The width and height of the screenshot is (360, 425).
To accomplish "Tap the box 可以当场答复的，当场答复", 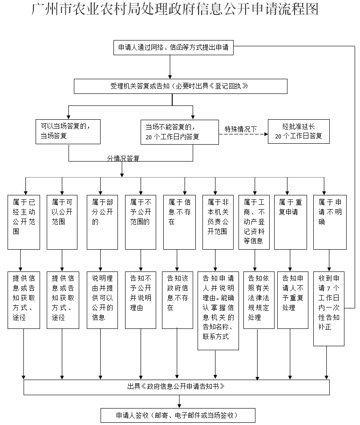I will (68, 131).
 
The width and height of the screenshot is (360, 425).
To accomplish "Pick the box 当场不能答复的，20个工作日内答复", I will (179, 132).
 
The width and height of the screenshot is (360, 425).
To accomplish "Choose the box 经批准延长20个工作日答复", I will (299, 131).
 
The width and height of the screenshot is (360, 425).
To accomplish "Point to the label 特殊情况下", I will (241, 130).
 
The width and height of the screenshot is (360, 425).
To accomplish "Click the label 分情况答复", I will (123, 158).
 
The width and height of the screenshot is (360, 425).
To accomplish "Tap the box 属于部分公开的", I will (102, 222).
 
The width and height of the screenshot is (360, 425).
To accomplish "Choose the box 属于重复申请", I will (291, 222).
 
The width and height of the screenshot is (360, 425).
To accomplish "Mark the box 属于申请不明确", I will (330, 222).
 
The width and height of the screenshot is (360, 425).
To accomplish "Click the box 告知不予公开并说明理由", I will (141, 300).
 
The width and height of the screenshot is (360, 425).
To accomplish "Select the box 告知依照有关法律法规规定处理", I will (259, 300).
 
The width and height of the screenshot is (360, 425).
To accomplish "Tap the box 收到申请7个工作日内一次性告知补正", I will (329, 308).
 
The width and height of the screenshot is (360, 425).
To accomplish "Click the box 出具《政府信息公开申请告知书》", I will (177, 387).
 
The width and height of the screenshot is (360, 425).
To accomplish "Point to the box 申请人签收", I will (178, 415).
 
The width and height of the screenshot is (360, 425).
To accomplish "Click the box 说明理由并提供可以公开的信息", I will (102, 300).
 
